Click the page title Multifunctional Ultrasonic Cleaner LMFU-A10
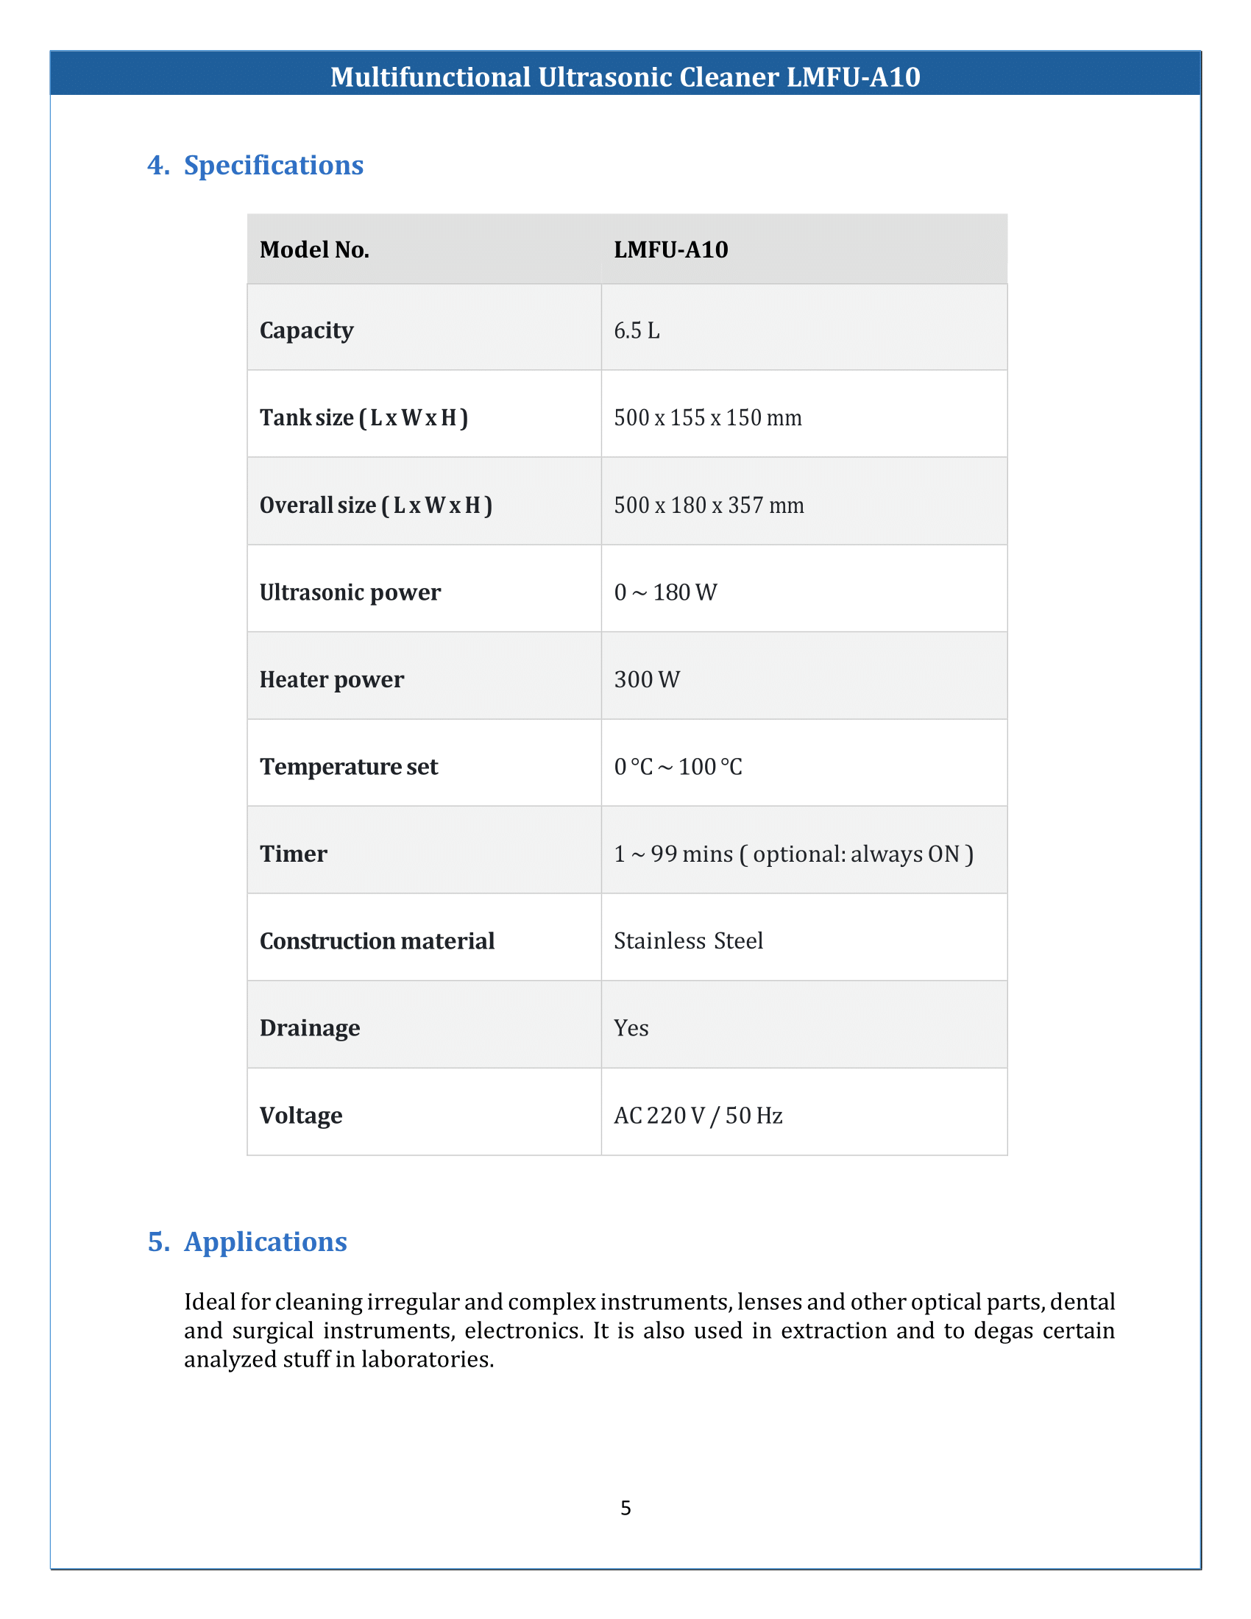tap(625, 77)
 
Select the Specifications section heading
tap(273, 166)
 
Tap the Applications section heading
tap(265, 1241)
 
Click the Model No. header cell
tap(314, 249)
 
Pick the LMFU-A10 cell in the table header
tap(670, 249)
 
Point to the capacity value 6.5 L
tap(637, 330)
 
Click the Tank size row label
tap(363, 418)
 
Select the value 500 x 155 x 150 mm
tap(708, 418)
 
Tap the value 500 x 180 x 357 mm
tap(709, 506)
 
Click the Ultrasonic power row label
tap(350, 592)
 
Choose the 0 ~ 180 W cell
tap(665, 592)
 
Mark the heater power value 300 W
tap(646, 680)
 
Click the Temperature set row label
tap(348, 767)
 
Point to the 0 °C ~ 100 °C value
tap(677, 767)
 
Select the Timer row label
tap(293, 854)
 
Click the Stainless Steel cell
tap(688, 940)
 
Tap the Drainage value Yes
tap(631, 1028)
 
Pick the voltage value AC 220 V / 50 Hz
tap(698, 1116)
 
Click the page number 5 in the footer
tap(625, 1509)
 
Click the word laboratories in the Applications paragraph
tap(427, 1359)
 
